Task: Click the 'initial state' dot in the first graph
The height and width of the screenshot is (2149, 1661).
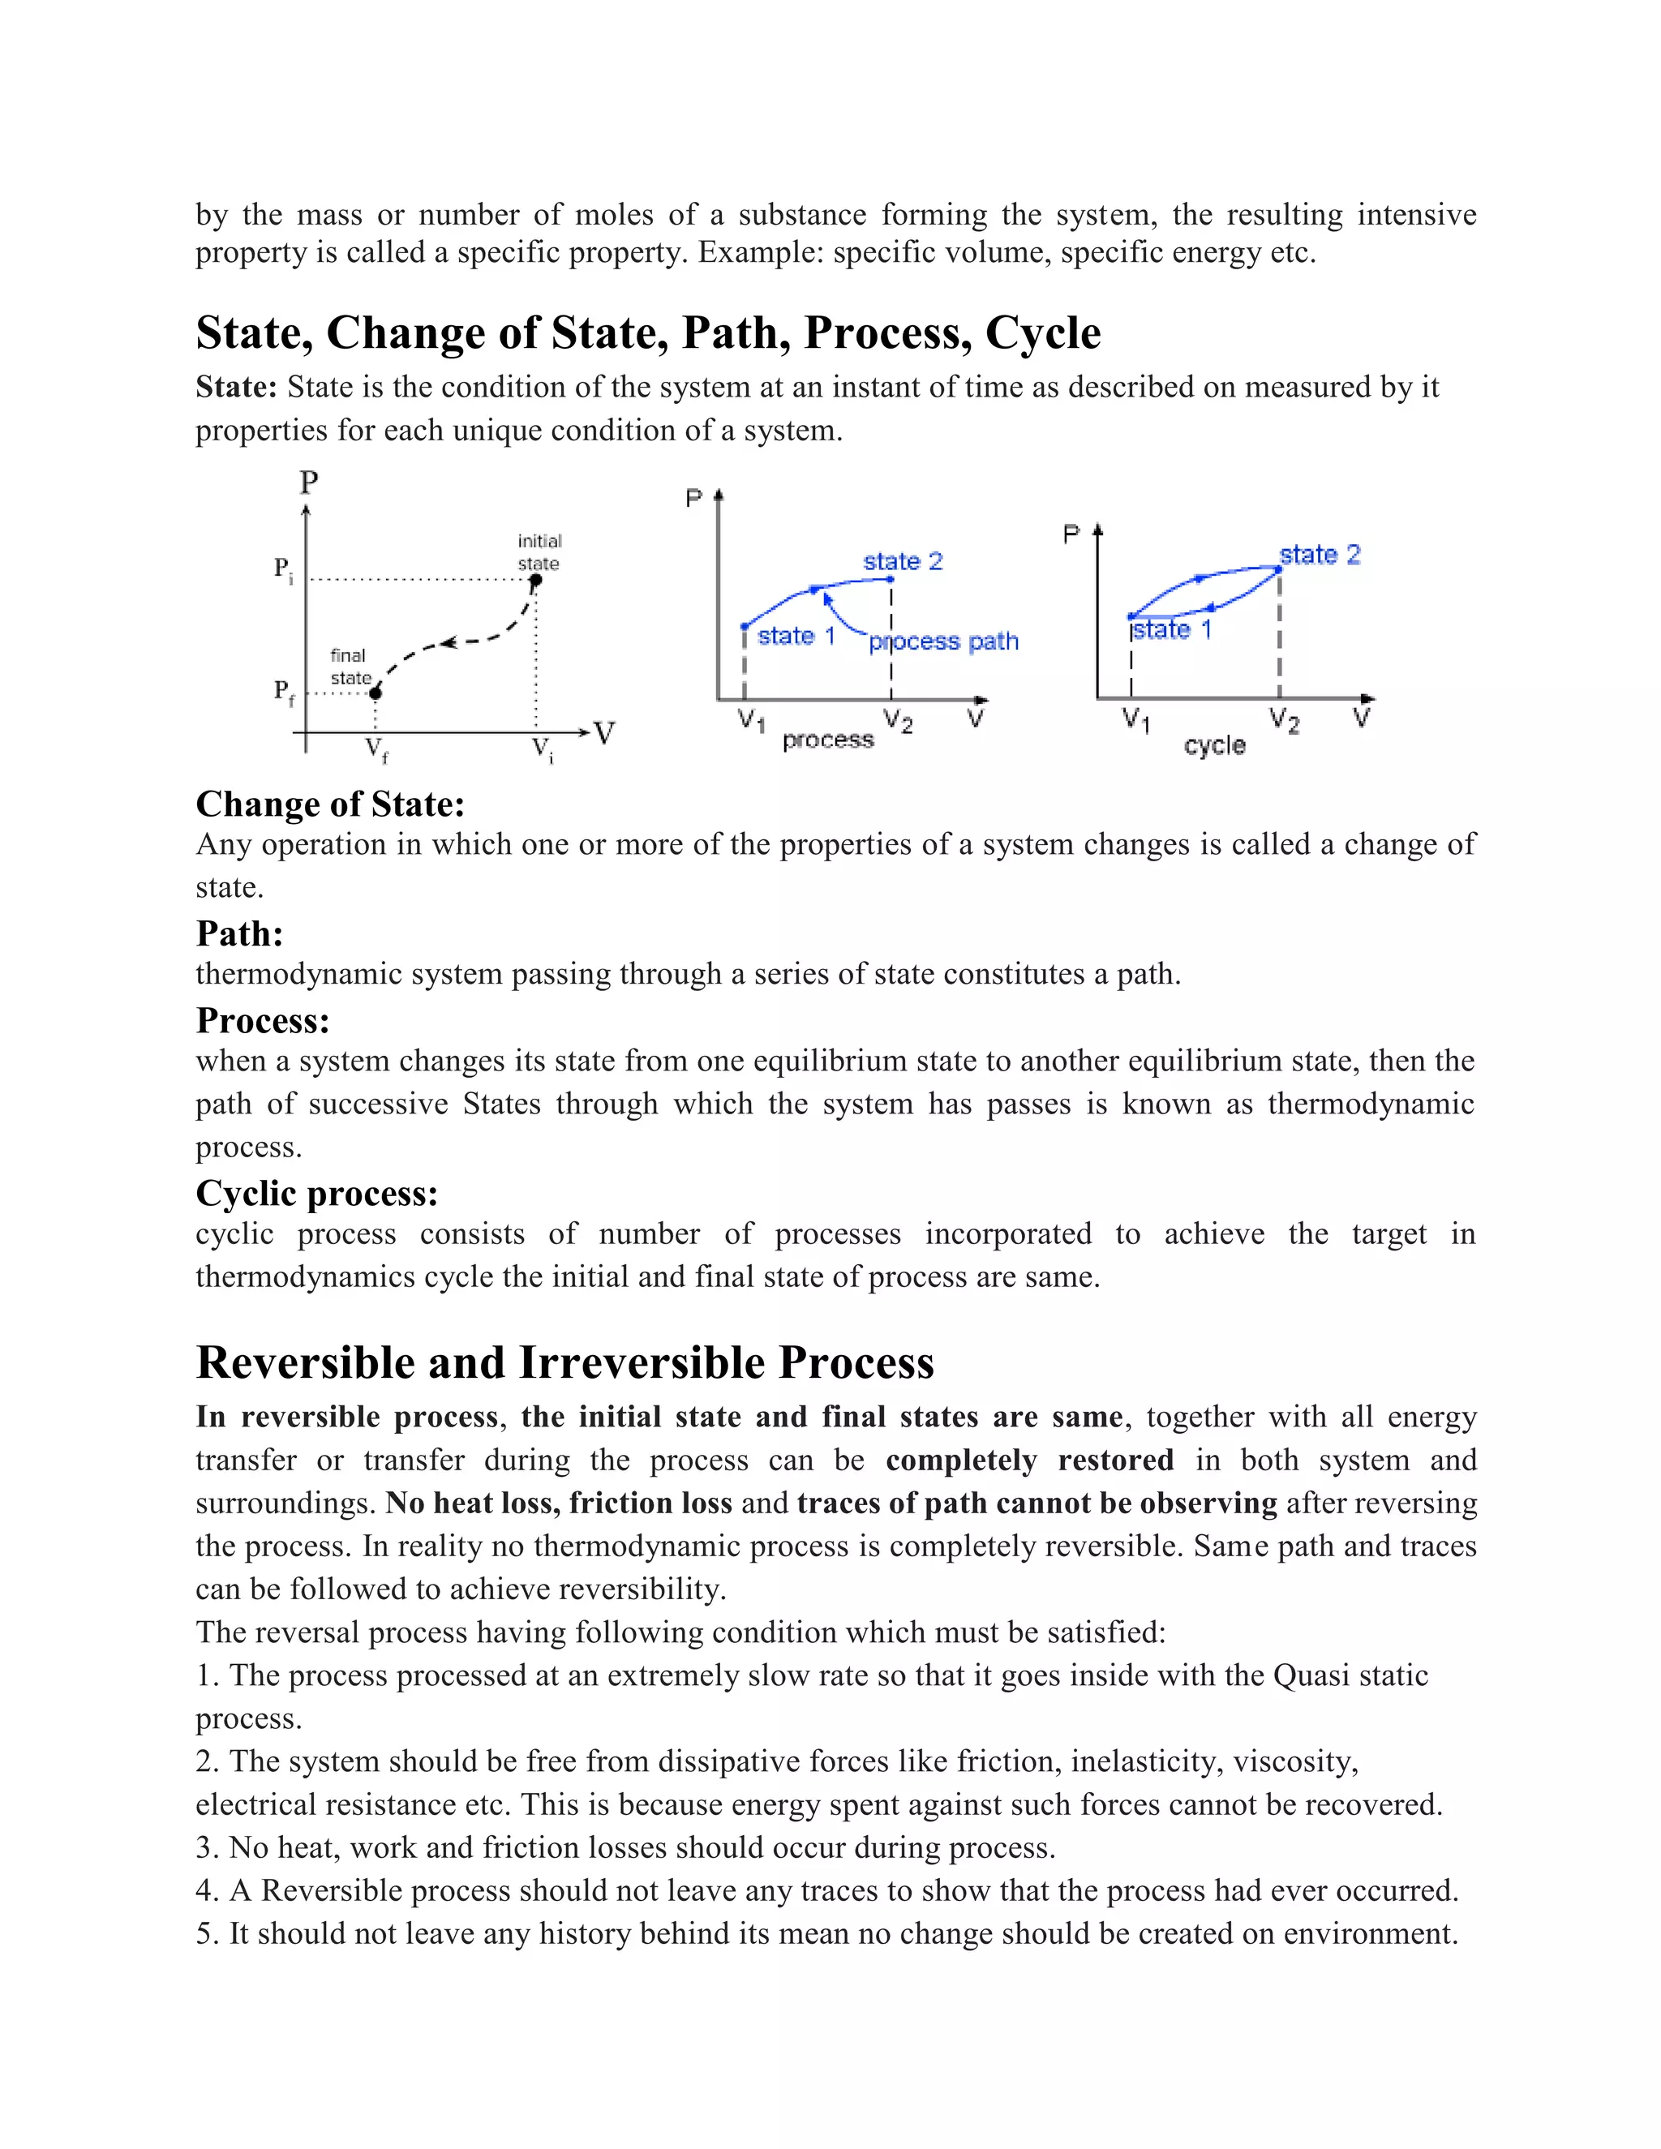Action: (535, 581)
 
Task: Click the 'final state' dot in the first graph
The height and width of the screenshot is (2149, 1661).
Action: (375, 693)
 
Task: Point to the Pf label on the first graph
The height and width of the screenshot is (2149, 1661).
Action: (283, 692)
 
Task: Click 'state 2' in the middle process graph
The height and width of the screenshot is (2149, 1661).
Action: (903, 562)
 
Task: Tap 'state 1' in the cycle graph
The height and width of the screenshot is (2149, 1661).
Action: (1171, 630)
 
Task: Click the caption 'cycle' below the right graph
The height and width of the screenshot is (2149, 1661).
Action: (1214, 745)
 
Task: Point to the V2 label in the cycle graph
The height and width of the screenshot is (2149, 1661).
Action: (1284, 720)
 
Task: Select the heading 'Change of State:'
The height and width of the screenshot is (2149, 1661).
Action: (329, 804)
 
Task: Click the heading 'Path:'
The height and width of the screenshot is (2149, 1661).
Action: (239, 933)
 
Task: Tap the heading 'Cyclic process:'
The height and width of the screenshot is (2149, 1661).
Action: (317, 1193)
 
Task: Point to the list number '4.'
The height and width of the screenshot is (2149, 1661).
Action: (206, 1890)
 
